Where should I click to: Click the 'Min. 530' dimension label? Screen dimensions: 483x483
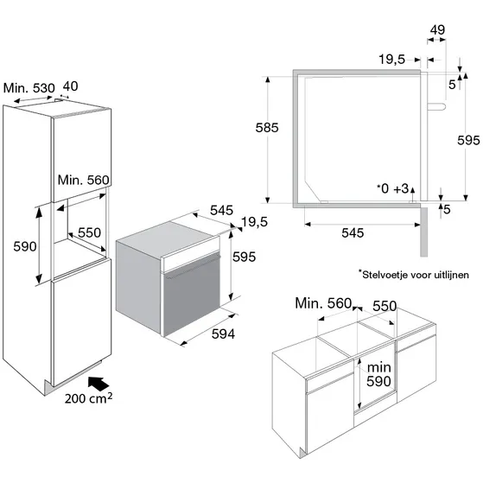coord(29,88)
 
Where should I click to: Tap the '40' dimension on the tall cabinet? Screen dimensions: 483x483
coord(70,86)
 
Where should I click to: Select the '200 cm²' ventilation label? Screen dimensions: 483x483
coord(88,398)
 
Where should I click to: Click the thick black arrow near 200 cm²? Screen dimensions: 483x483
coord(99,384)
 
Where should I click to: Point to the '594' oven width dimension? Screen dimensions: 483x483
coord(223,334)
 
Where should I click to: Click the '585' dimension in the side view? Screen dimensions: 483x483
coord(267,128)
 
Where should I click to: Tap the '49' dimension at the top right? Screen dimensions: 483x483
coord(437,30)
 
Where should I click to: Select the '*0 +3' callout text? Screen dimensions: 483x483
coord(393,188)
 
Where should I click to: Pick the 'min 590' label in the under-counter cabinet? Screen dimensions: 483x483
coord(379,374)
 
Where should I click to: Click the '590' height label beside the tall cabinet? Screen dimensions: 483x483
coord(25,246)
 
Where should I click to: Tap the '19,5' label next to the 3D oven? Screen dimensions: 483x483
coord(254,222)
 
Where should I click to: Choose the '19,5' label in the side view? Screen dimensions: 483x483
coord(391,60)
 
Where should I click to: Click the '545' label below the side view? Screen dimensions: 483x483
coord(353,233)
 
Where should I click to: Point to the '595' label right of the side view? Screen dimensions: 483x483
coord(468,141)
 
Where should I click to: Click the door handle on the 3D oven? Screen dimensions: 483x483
coord(194,267)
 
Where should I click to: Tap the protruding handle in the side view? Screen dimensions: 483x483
coord(436,106)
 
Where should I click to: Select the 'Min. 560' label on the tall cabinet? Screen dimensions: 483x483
coord(84,180)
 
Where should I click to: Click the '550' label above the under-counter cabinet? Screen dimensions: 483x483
coord(384,306)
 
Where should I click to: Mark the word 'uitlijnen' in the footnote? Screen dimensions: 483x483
coord(452,275)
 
